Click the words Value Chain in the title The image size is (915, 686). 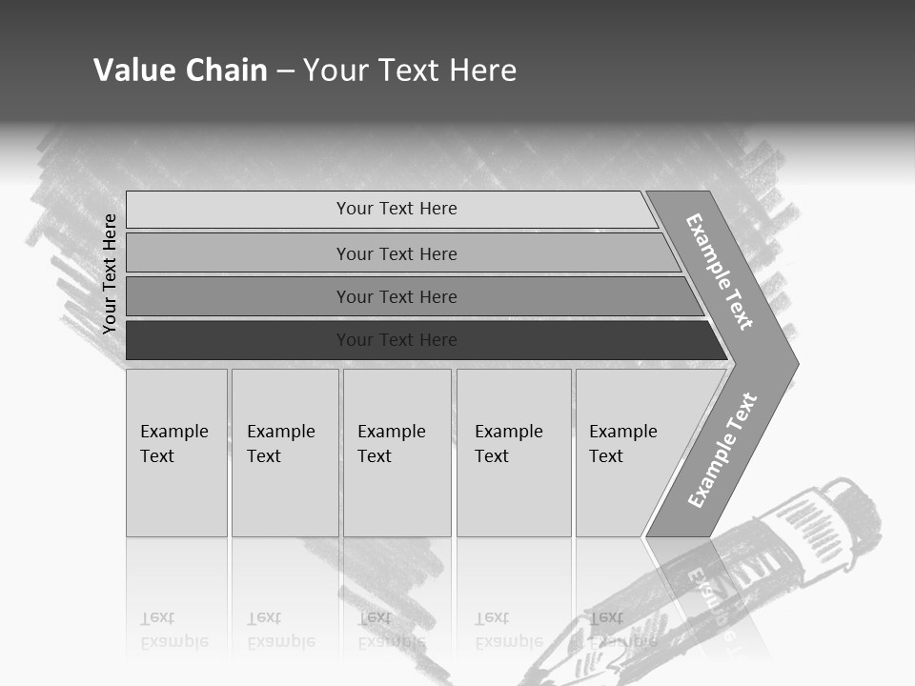[x=180, y=70]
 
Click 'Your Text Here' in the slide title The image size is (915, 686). [x=410, y=70]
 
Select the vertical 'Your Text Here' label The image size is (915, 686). [x=110, y=273]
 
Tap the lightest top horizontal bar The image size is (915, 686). [x=396, y=209]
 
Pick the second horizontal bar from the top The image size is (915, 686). [x=396, y=253]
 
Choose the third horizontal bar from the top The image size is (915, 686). [x=396, y=296]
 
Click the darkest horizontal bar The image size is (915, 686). [x=396, y=340]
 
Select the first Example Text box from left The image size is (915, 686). [x=176, y=453]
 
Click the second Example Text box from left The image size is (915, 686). [x=285, y=453]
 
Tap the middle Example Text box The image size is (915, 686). [x=396, y=453]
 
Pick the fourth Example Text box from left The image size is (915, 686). [x=514, y=453]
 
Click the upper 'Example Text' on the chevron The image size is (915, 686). [x=720, y=272]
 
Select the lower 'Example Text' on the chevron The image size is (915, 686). [x=722, y=451]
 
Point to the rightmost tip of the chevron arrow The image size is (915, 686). [x=797, y=363]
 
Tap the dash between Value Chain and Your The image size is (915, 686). [x=285, y=71]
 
